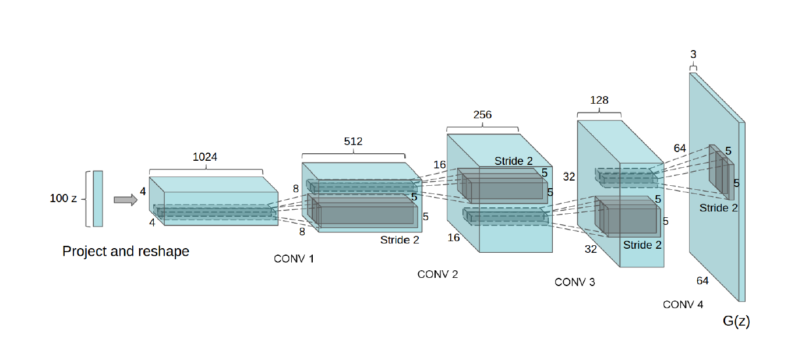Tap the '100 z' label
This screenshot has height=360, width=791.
coord(63,199)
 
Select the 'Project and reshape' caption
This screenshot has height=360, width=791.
coord(126,252)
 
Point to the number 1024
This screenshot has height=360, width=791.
coord(206,157)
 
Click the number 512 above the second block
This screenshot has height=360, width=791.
coord(353,142)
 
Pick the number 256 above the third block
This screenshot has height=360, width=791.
coord(482,115)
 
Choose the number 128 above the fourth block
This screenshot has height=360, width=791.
coord(599,100)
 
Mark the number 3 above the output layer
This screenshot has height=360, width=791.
coord(693,55)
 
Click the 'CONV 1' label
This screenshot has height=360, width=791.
coord(294,259)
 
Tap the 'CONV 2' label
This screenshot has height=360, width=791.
coord(438,274)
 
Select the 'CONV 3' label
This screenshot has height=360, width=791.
coord(575,283)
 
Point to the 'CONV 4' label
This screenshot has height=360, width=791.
coord(683,305)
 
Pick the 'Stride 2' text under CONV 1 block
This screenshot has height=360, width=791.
coord(400,239)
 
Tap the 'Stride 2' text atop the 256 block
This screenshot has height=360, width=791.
coord(514,161)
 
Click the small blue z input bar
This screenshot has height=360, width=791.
coord(98,199)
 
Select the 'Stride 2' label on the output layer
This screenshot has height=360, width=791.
coord(719,208)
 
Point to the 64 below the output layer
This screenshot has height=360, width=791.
coord(702,281)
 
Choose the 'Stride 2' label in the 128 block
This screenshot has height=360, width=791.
coord(642,245)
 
